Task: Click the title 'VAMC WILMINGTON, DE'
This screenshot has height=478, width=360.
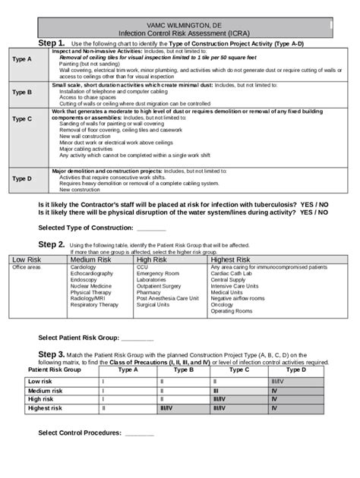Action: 179,26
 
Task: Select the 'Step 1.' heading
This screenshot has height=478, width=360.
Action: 52,44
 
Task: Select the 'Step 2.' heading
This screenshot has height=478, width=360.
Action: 52,244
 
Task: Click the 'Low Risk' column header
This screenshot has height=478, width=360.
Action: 27,260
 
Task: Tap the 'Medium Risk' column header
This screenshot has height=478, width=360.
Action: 92,260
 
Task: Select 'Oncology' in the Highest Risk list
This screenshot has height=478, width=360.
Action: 223,305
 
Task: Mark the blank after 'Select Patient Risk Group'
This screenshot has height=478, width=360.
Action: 137,338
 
